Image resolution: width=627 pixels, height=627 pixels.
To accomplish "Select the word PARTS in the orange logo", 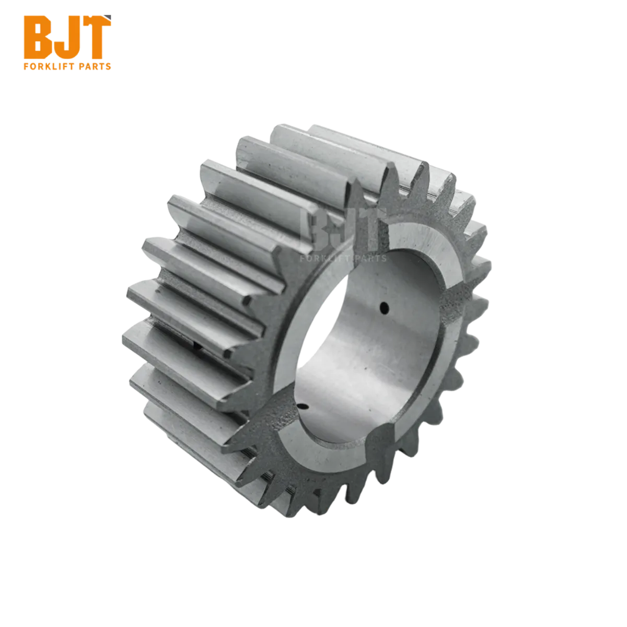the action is (x=95, y=67).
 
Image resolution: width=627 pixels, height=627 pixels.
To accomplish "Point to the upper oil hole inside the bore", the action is (x=385, y=307).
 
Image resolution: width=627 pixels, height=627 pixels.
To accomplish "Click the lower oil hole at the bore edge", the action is (x=303, y=406).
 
